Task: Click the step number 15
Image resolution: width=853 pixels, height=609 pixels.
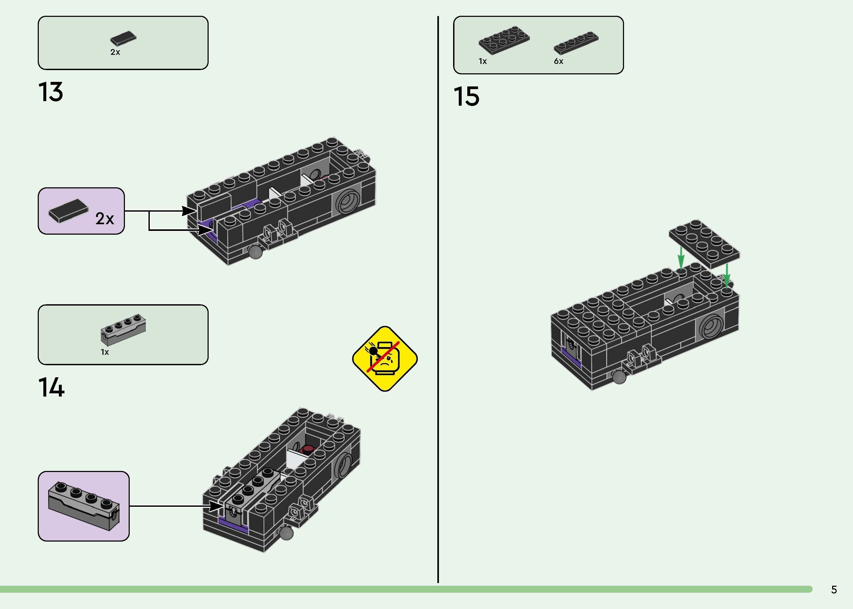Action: [466, 96]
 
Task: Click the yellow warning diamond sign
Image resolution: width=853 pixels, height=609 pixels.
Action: [385, 359]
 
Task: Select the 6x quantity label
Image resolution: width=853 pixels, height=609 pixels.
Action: [559, 61]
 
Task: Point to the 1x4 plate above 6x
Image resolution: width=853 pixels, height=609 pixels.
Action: [576, 43]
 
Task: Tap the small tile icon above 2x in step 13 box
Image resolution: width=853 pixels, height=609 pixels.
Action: [123, 38]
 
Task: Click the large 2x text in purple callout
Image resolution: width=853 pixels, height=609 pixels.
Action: [105, 219]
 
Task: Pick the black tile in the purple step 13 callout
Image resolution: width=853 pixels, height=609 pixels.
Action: [68, 211]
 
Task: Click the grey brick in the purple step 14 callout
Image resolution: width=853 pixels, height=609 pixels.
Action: [83, 506]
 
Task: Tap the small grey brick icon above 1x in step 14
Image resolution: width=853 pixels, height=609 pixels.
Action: [123, 329]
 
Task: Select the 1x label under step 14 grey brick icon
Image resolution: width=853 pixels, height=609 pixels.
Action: [105, 352]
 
